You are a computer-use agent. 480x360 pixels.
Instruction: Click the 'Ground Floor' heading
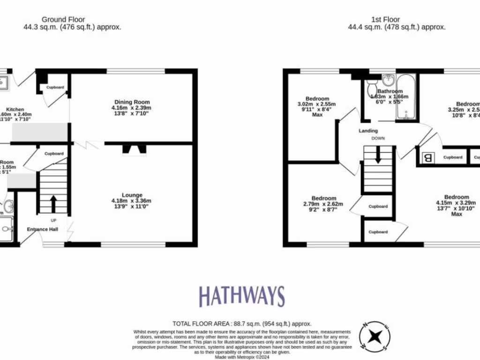(63, 19)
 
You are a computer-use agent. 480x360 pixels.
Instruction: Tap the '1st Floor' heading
(386, 19)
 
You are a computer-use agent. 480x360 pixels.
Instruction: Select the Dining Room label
(132, 102)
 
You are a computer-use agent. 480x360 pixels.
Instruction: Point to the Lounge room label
(132, 195)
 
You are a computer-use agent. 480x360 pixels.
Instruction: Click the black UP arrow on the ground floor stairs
(53, 204)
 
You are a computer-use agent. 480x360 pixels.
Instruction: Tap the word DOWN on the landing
(378, 139)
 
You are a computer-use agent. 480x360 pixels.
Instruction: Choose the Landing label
(368, 131)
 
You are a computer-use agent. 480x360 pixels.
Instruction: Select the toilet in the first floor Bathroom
(372, 87)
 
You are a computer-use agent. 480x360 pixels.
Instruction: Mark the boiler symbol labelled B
(427, 158)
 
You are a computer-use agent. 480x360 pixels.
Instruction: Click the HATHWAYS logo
(241, 297)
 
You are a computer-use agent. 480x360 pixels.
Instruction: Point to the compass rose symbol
(374, 336)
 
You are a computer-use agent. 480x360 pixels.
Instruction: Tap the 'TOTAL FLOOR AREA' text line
(242, 323)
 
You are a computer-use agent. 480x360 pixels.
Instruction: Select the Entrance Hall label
(42, 229)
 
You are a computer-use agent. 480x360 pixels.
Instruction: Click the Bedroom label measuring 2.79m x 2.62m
(323, 198)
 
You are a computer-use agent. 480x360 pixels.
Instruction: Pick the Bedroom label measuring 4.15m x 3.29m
(456, 197)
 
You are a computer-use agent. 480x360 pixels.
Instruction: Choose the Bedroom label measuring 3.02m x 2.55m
(316, 98)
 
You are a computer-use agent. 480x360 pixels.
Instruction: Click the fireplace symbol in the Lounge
(134, 150)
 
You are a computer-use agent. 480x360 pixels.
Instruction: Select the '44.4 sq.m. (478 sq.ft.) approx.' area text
(397, 27)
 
